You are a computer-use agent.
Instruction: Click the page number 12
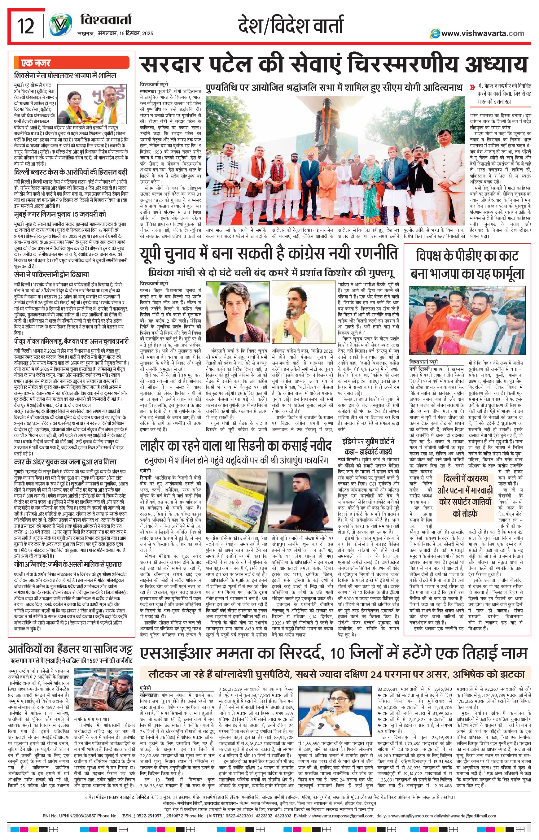pos(26,26)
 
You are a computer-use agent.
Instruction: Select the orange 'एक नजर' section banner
pos(71,63)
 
